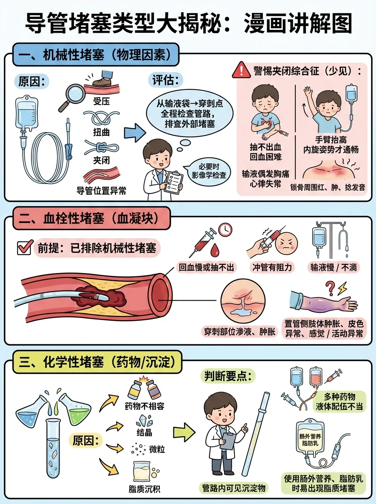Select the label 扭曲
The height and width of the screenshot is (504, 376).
click(101, 132)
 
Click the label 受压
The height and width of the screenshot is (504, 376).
click(102, 101)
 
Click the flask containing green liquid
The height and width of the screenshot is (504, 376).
click(76, 406)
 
